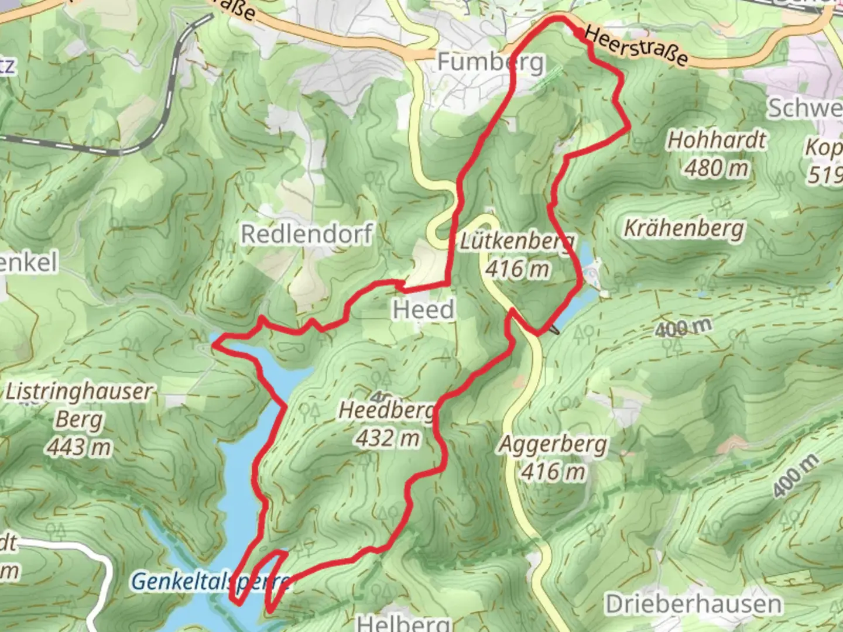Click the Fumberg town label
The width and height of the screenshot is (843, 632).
tap(491, 61)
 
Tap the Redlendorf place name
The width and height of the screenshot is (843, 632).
tap(307, 234)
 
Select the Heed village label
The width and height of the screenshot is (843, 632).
tap(423, 309)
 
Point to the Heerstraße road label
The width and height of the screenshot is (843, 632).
tap(636, 47)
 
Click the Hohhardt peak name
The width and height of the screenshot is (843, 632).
tap(717, 140)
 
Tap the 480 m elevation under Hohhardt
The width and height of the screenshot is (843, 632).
tap(717, 169)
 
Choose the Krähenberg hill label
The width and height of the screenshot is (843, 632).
tap(684, 228)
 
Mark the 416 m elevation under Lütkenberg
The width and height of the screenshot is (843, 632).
tap(518, 269)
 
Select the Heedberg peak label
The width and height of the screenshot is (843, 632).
tap(388, 411)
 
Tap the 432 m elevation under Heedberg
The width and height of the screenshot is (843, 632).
tap(388, 438)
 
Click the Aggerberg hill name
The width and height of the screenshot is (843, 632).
tap(553, 445)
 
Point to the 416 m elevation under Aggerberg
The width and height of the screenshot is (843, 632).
tap(553, 472)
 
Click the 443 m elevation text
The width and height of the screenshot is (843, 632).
tap(80, 448)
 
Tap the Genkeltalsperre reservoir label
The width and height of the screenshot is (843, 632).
tap(211, 582)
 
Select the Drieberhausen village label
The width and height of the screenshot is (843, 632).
tap(693, 604)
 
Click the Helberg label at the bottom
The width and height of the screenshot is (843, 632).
tap(404, 623)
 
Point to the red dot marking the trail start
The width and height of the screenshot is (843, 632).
tap(578, 33)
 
